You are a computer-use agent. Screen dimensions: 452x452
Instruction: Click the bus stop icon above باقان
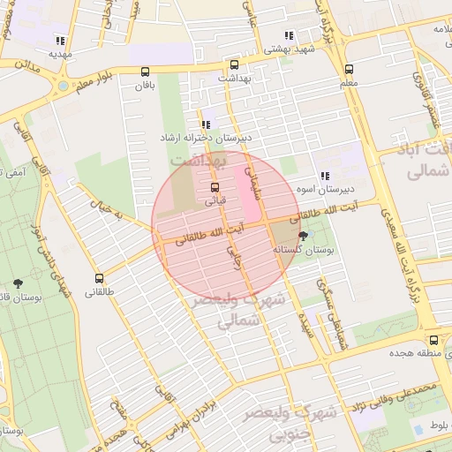tap(145, 72)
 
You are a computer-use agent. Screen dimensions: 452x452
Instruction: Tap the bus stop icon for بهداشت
tap(234, 64)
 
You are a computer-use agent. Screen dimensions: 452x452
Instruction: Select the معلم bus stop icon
tap(349, 69)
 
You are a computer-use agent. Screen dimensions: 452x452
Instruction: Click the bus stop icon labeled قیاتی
tap(215, 188)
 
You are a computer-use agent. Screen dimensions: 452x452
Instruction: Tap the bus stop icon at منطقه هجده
tap(433, 340)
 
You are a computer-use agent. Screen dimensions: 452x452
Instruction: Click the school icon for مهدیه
tap(60, 41)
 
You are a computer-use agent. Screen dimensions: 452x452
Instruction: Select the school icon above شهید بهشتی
tap(289, 35)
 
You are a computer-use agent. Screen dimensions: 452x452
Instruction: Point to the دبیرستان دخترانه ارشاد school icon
tap(206, 125)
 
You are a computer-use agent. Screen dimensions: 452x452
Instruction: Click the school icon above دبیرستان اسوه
tap(325, 175)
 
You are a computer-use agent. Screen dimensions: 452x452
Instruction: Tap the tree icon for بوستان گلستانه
tap(304, 236)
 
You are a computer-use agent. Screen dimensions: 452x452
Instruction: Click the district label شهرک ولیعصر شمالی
tap(251, 310)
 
